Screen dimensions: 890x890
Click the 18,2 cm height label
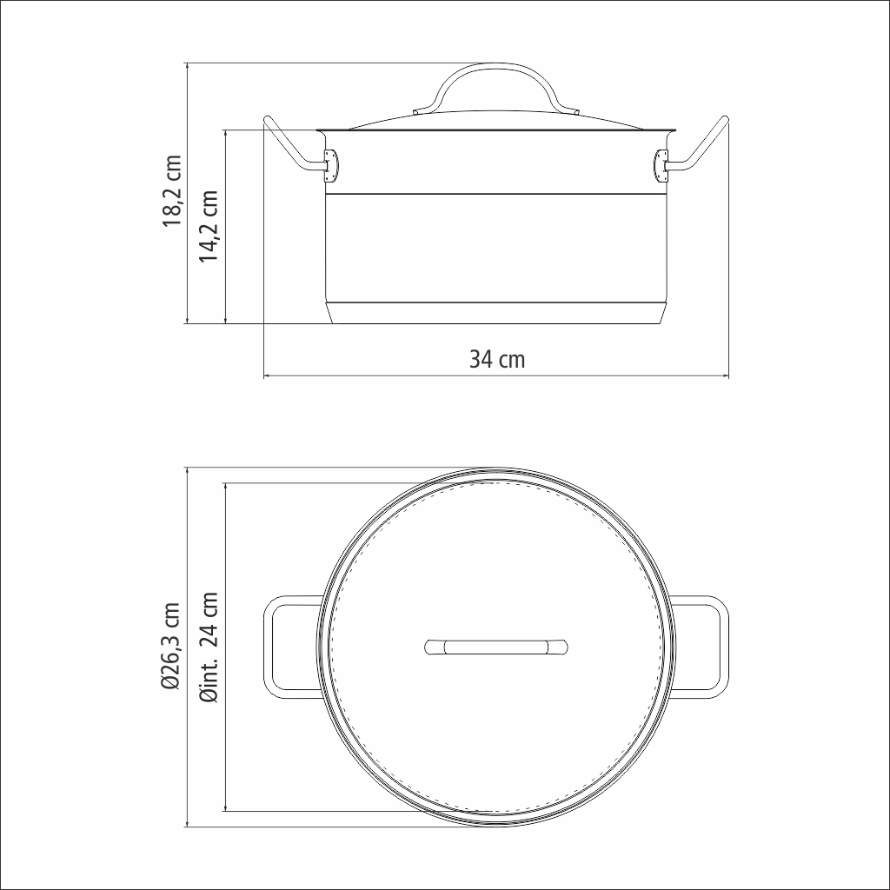173,190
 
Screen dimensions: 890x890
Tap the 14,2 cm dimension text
209,226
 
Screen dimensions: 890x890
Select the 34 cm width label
497,359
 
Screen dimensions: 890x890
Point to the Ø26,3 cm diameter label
171,647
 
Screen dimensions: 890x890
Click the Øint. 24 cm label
209,647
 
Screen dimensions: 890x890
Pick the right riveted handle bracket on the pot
661,166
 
